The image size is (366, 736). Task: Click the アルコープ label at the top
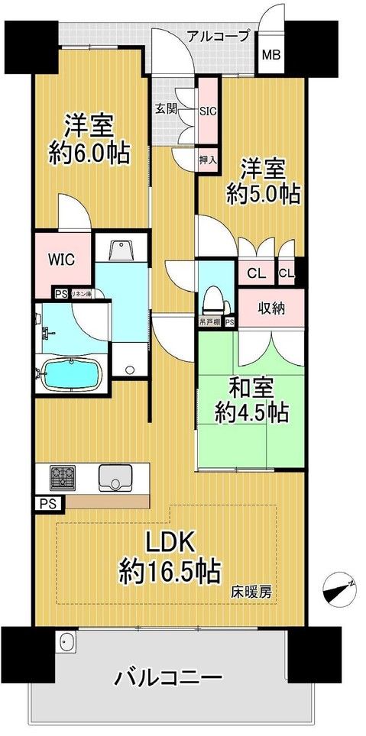[x=219, y=35]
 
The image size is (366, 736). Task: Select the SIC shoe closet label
[x=209, y=110]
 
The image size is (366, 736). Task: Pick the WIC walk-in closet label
[x=62, y=259]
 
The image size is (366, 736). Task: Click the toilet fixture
[x=215, y=299]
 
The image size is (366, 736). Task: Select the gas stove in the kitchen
[x=63, y=479]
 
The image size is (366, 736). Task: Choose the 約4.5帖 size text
[x=251, y=413]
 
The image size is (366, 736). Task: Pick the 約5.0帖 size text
[x=261, y=193]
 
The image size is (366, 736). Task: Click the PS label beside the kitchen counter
[x=43, y=503]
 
